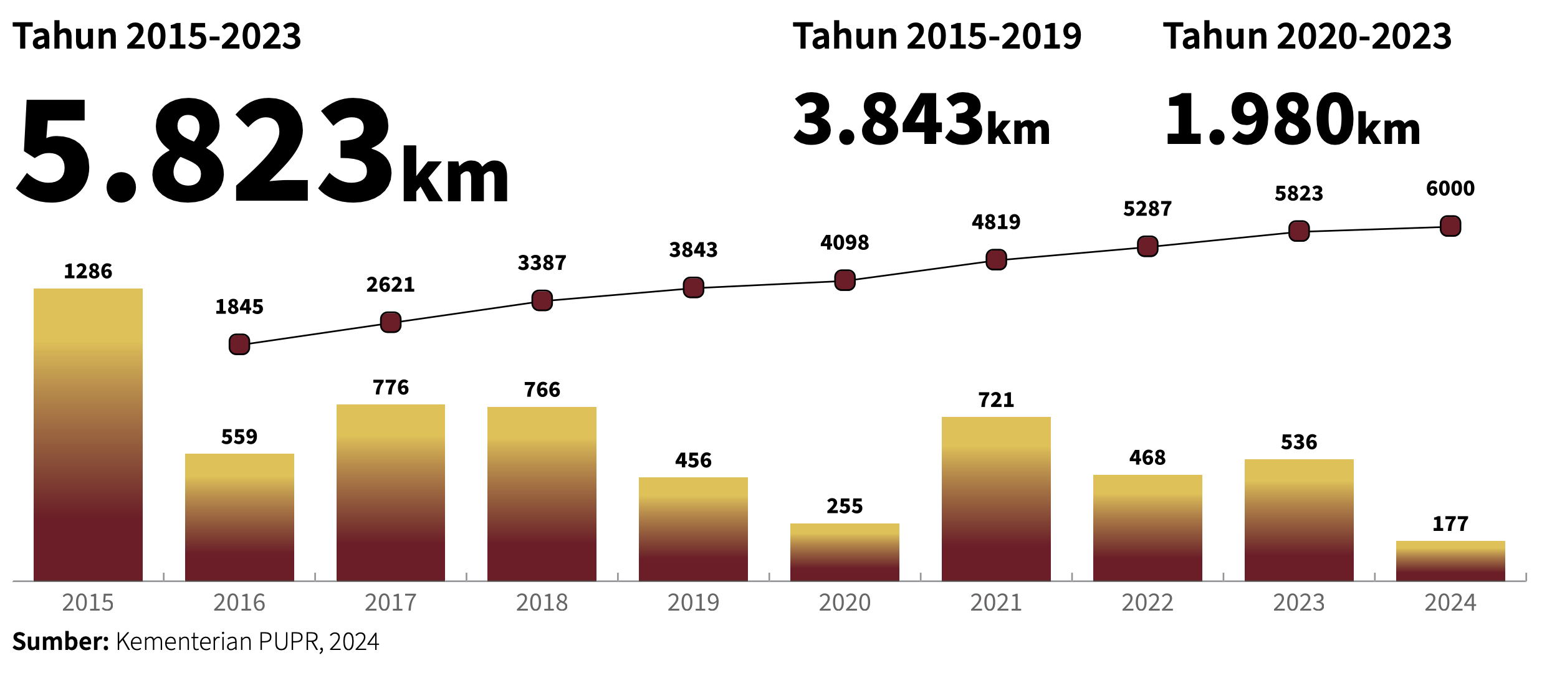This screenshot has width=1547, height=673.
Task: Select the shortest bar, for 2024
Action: click(1450, 561)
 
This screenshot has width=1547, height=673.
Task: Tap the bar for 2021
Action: click(996, 499)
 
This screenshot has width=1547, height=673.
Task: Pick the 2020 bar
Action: click(845, 552)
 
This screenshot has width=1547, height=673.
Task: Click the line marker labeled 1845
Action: click(239, 344)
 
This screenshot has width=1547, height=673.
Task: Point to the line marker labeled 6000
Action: click(1450, 226)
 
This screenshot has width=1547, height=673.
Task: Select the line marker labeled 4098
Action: click(845, 280)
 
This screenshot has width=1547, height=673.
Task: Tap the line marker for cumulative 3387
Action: click(542, 300)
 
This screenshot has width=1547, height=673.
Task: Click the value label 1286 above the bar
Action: click(88, 272)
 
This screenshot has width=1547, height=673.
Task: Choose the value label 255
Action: click(845, 506)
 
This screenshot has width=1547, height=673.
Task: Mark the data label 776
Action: click(391, 388)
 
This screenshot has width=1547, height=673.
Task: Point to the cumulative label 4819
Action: click(996, 222)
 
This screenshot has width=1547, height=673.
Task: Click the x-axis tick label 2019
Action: click(693, 603)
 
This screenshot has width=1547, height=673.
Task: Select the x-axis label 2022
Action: click(1147, 603)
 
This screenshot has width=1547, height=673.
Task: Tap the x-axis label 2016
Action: click(239, 603)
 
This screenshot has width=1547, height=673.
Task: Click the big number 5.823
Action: click(206, 153)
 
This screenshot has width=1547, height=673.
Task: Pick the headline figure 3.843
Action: click(888, 118)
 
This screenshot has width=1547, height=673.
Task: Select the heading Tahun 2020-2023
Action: click(1307, 36)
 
